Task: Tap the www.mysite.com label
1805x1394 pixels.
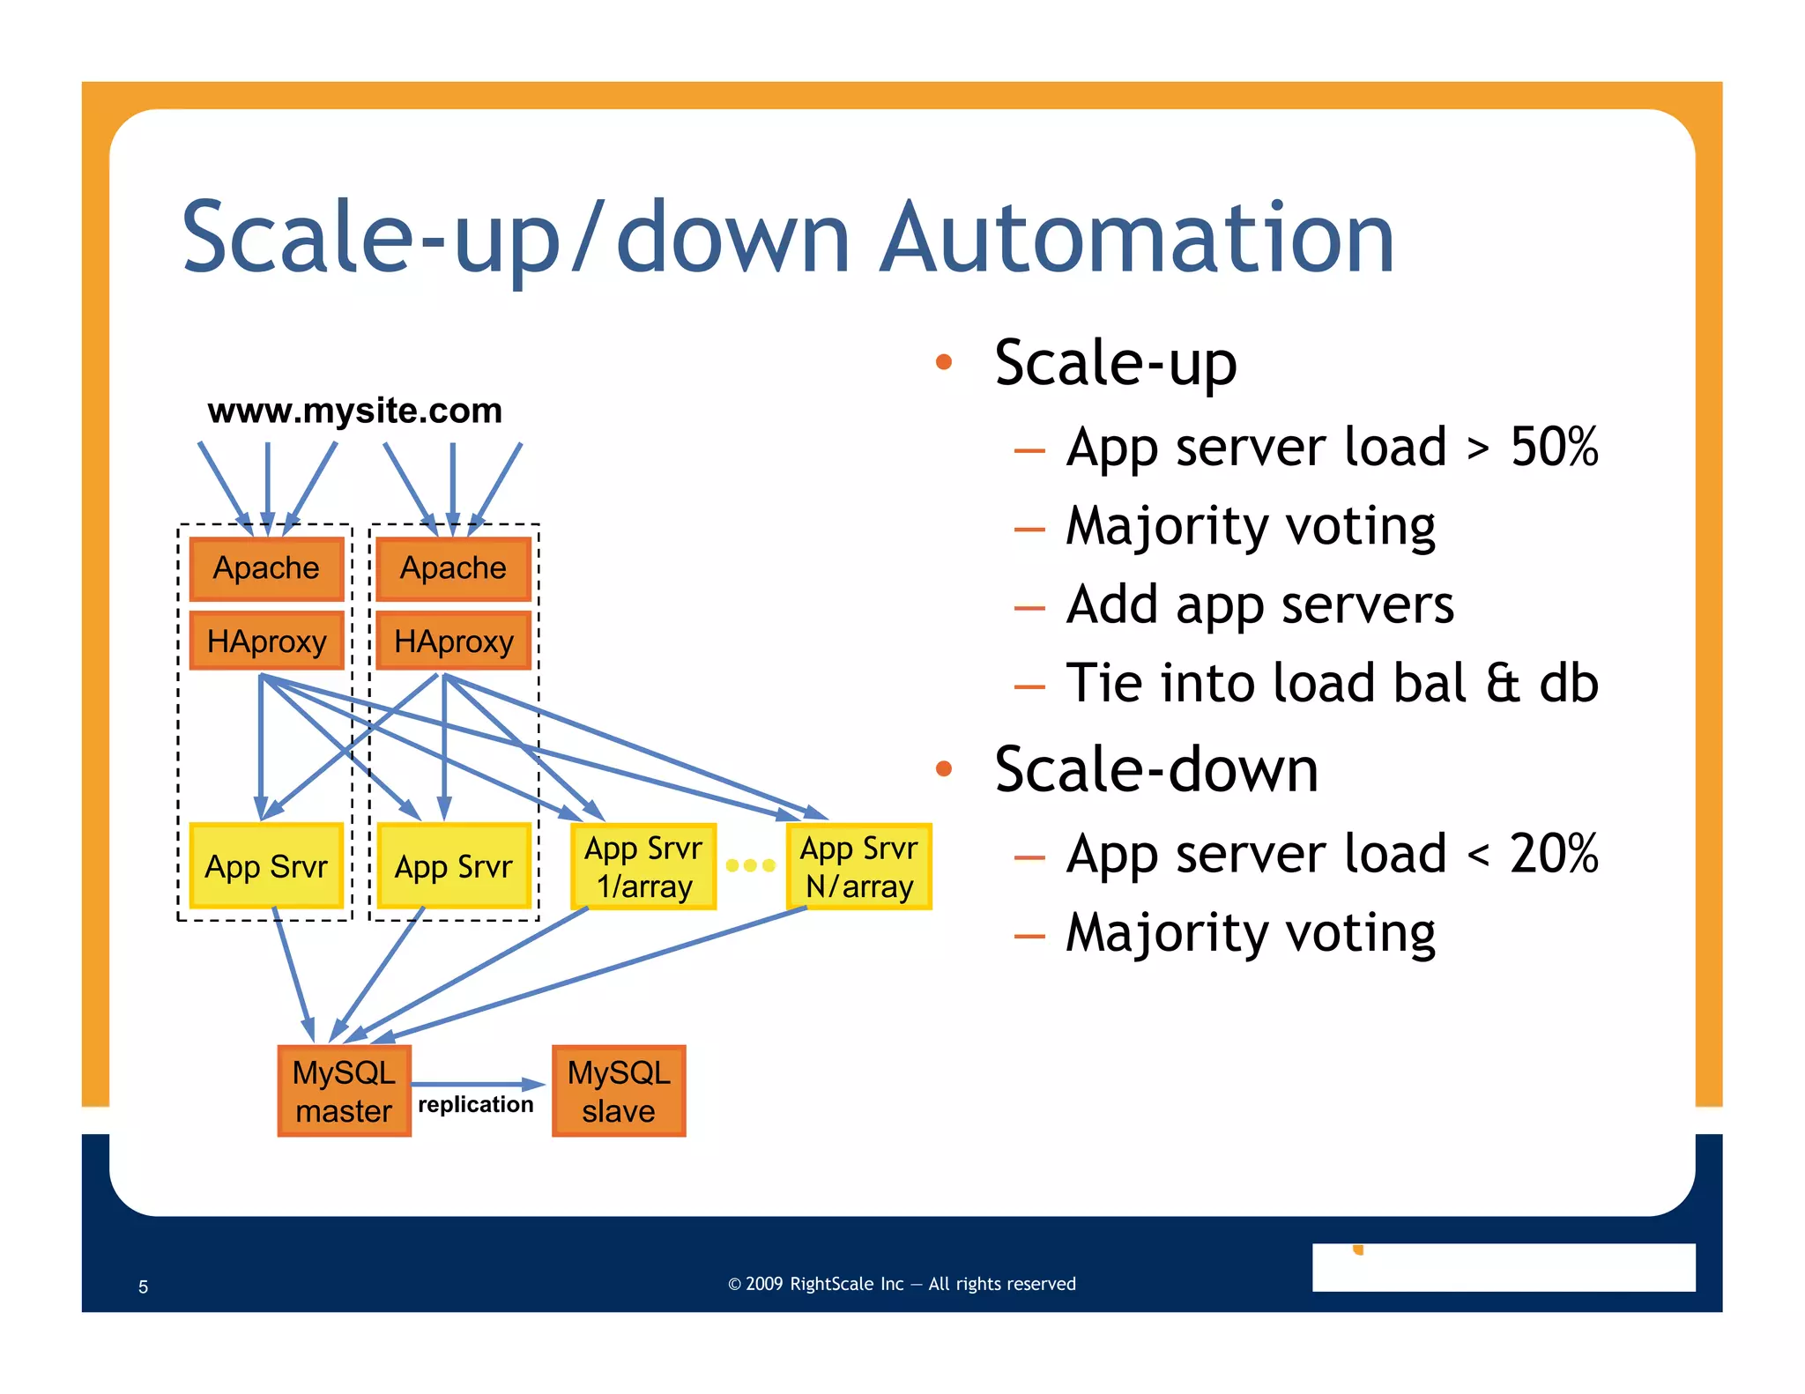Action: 354,411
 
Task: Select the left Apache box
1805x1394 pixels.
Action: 266,568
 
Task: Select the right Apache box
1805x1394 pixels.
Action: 453,568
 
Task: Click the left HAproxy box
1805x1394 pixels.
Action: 266,641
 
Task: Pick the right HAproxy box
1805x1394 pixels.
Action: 453,641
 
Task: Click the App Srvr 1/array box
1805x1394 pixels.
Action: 643,867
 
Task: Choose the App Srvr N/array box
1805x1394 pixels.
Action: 859,867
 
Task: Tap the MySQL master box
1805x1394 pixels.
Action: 344,1091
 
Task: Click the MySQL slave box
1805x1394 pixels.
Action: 619,1091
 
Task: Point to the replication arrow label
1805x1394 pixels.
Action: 476,1104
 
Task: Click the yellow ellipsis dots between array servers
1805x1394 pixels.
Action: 750,865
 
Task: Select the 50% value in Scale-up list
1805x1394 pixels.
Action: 1554,447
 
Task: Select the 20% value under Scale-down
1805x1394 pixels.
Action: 1554,854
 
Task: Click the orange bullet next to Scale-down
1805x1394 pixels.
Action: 944,769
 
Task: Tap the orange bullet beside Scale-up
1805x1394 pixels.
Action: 944,362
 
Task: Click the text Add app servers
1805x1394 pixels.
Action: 1259,605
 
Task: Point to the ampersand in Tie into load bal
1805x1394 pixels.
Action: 1503,683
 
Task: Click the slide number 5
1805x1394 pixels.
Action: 143,1286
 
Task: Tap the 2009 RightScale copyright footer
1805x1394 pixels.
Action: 902,1284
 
